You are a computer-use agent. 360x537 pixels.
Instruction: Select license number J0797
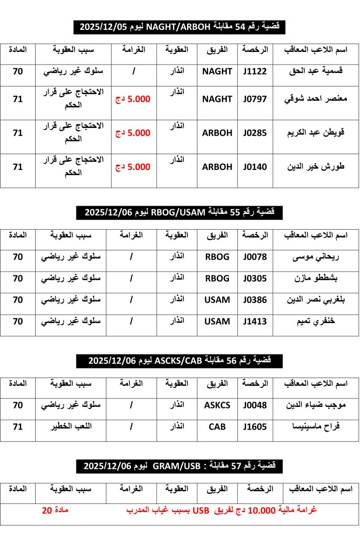coord(255,99)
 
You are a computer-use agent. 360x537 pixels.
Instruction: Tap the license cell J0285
coord(255,133)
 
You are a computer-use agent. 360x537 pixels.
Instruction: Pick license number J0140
coord(255,167)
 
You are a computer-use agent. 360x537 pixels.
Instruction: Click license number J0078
coord(255,257)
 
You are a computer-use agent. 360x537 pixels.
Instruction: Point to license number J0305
coord(255,278)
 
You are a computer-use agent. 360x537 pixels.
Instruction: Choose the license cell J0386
coord(255,300)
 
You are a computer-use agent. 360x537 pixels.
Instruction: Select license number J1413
coord(255,321)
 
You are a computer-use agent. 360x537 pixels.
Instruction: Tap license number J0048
coord(255,405)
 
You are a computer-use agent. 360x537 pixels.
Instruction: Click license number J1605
coord(255,427)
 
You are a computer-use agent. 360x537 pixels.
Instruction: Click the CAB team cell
coord(217,427)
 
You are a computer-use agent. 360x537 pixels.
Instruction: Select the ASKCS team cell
coord(217,405)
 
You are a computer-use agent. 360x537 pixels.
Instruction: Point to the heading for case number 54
coord(180,26)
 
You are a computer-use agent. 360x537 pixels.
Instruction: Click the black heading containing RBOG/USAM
coord(180,212)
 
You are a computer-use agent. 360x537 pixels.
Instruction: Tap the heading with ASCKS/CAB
coord(180,361)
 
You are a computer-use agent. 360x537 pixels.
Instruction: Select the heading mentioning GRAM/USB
coord(180,466)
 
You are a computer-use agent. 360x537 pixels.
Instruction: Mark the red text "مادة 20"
coord(56,510)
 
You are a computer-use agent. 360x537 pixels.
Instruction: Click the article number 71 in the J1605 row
coord(18,427)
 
